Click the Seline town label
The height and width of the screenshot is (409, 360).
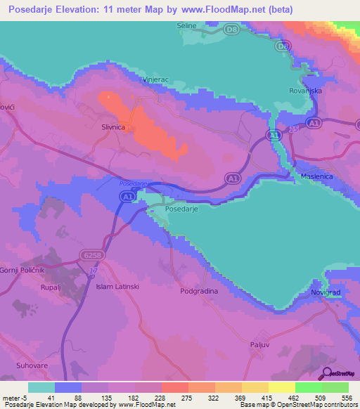(x=186, y=26)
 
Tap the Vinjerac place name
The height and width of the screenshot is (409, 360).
(x=155, y=81)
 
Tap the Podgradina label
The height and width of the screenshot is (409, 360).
(x=199, y=290)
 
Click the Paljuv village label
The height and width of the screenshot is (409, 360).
(x=260, y=344)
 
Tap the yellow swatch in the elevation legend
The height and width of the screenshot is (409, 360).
(x=281, y=387)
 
